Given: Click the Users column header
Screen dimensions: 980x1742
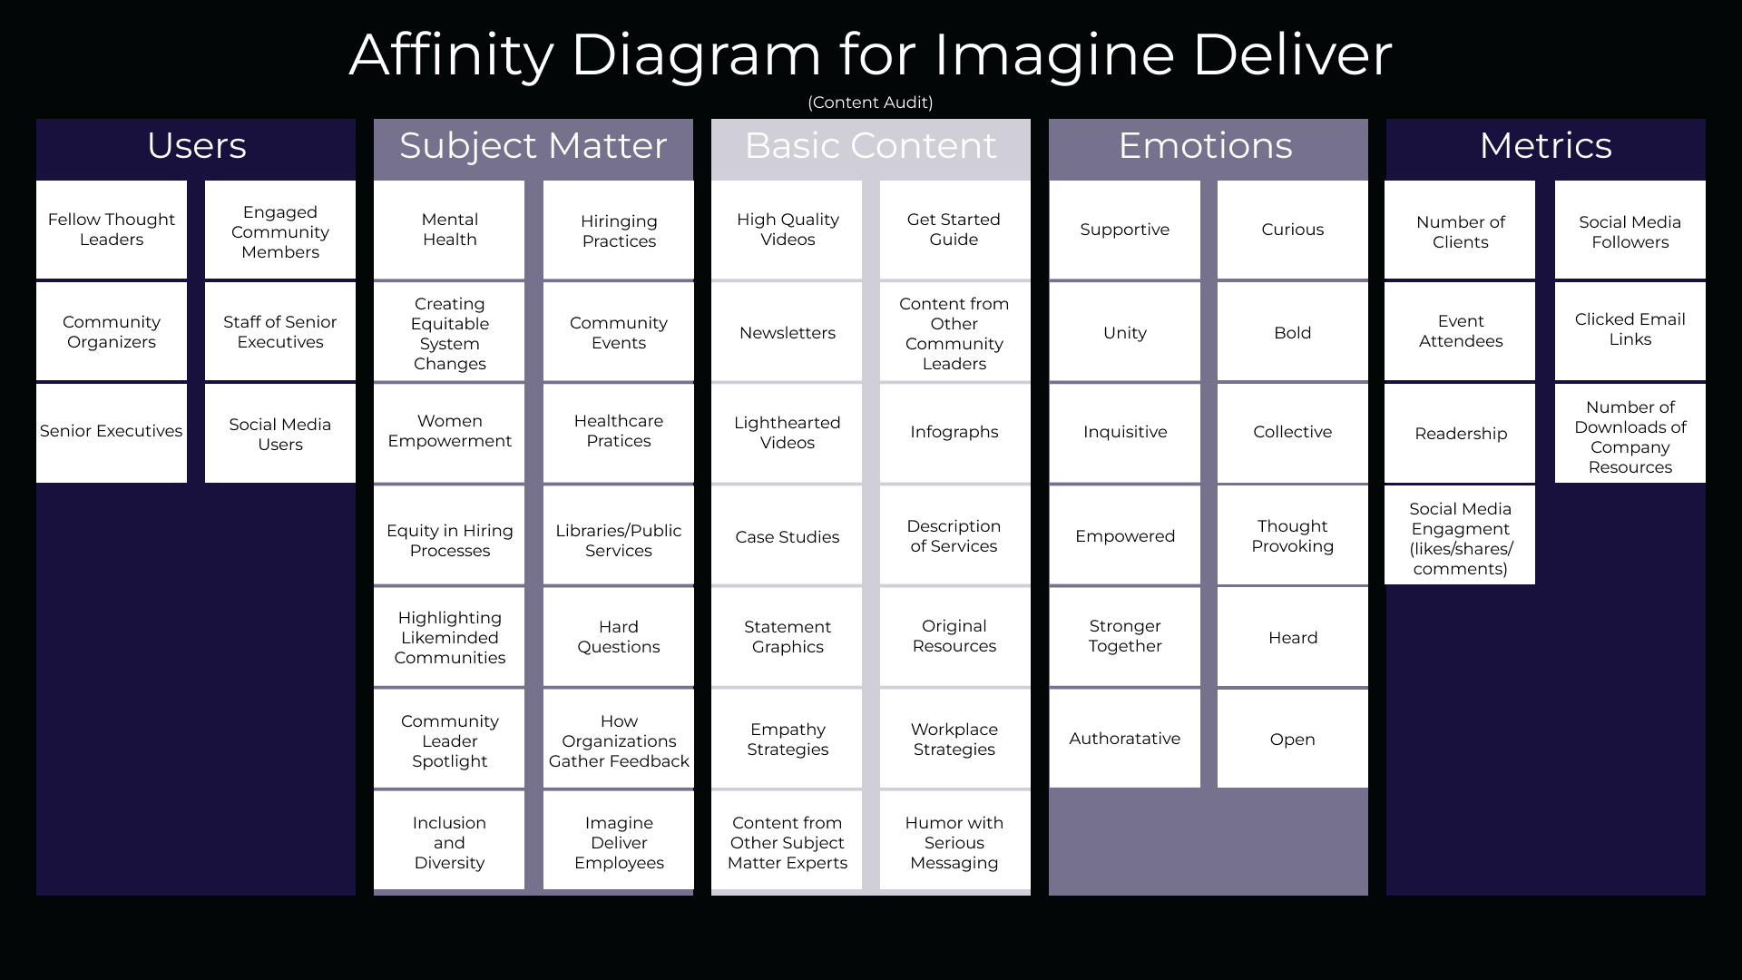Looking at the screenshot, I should coord(196,146).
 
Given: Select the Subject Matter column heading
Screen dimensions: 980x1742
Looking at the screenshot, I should coord(533,146).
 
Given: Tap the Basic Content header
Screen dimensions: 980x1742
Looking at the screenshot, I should coord(870,146).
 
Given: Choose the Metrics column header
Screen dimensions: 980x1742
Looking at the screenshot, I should coord(1545,146).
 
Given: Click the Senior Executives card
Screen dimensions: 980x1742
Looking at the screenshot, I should coord(112,432).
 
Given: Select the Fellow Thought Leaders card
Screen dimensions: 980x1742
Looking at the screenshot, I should coord(112,230).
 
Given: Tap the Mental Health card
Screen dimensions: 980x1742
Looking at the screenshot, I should coord(449,230).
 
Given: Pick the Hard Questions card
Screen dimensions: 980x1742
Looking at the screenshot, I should coord(619,637).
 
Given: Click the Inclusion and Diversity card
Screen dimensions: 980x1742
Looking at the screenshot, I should coord(449,842).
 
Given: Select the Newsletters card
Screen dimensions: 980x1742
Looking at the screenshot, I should coord(787,333).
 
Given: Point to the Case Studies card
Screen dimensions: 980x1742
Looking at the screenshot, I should coord(787,537).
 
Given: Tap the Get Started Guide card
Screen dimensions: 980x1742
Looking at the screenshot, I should coord(954,230).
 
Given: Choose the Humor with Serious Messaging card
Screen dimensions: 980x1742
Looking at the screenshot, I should coord(954,842).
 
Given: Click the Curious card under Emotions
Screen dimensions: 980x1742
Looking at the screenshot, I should coord(1292,230).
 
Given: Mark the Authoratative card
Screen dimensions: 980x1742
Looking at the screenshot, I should coord(1124,739).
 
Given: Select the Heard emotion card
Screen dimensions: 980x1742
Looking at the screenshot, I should coord(1292,638).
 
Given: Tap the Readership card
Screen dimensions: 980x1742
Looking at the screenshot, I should coord(1460,434).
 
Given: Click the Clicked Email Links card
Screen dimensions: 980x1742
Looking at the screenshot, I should coord(1629,329).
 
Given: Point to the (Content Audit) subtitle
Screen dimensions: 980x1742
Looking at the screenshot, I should coord(870,103).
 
